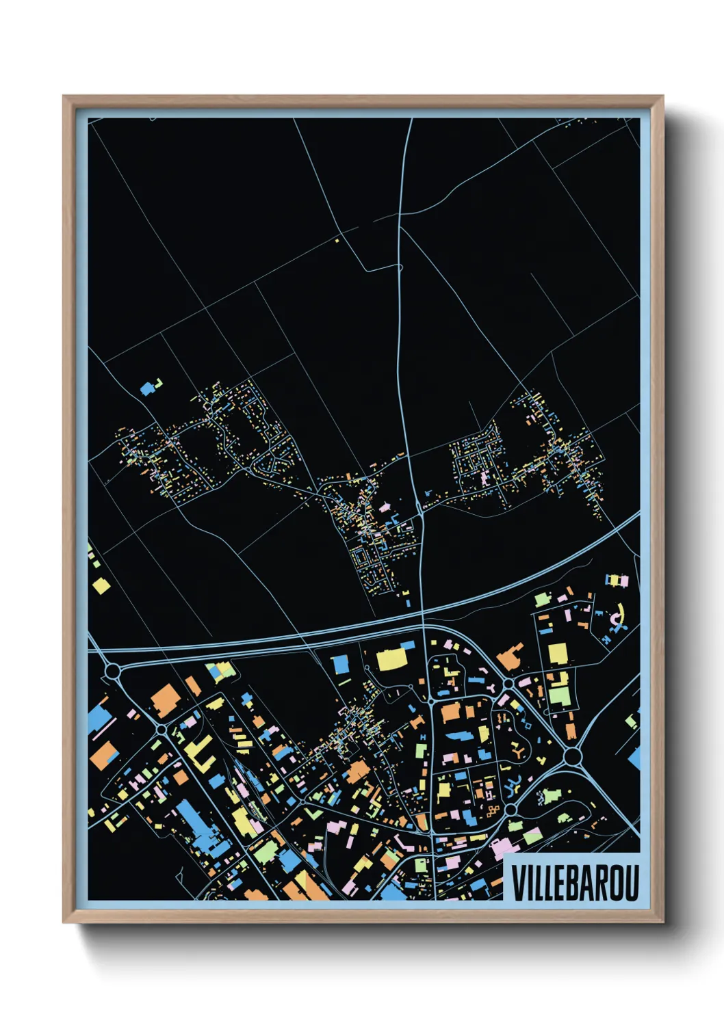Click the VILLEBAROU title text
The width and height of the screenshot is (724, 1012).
pyautogui.click(x=574, y=883)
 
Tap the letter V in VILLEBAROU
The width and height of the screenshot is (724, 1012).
pyautogui.click(x=517, y=883)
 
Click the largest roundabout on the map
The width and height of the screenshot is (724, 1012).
pyautogui.click(x=573, y=756)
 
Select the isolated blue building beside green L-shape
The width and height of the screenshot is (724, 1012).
pyautogui.click(x=147, y=388)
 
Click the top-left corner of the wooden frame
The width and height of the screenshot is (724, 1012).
pyautogui.click(x=65, y=98)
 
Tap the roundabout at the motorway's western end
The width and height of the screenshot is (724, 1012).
pyautogui.click(x=112, y=670)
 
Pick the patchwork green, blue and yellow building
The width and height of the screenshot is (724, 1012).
pyautogui.click(x=222, y=671)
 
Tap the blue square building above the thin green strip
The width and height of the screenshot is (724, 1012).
pyautogui.click(x=340, y=663)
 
